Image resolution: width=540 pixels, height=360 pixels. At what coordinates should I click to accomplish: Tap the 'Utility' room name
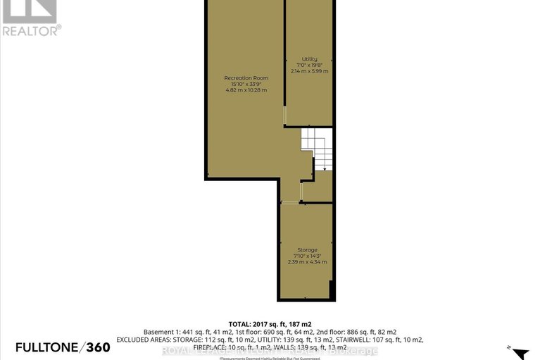tap(310, 58)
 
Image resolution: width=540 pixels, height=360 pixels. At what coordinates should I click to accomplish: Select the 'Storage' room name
tap(307, 250)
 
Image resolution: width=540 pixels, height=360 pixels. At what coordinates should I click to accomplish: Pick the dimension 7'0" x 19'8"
tap(310, 65)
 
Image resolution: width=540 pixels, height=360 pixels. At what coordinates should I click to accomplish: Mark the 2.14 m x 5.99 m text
tap(310, 71)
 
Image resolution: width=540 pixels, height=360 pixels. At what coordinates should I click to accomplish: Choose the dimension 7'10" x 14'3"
tap(307, 256)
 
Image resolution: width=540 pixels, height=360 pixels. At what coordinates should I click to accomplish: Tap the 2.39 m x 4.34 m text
tap(307, 262)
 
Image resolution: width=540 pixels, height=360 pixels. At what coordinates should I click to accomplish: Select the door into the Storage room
tap(291, 202)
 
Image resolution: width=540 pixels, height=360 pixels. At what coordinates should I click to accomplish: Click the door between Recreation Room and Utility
tap(284, 116)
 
